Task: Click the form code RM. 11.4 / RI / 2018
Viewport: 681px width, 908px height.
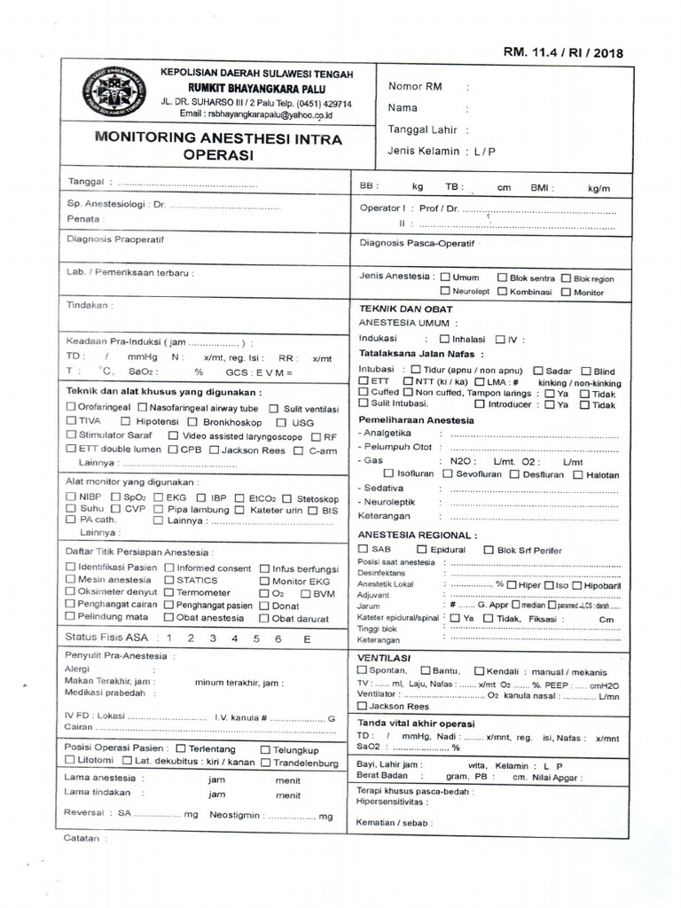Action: click(563, 52)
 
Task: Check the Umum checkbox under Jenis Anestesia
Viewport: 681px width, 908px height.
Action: click(445, 277)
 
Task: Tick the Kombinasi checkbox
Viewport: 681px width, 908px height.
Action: click(502, 292)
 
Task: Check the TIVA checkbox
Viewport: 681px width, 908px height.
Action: click(72, 422)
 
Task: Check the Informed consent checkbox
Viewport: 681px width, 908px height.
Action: click(170, 567)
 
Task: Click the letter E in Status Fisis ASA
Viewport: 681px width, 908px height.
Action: click(307, 638)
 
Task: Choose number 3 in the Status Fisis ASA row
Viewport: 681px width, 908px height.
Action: click(212, 638)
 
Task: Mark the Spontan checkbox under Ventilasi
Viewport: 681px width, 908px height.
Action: click(362, 670)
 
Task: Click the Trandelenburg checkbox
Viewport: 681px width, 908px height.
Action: click(267, 762)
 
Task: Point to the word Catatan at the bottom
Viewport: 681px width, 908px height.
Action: click(82, 837)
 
